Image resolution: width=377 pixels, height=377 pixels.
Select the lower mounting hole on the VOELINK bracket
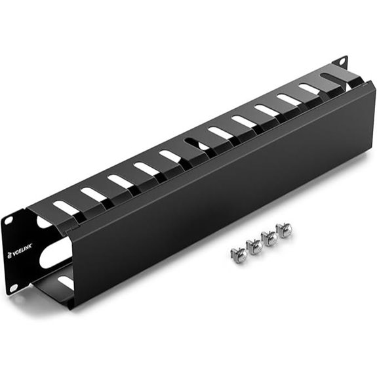coord(12,287)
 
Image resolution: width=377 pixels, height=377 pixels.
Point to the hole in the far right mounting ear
coord(341,62)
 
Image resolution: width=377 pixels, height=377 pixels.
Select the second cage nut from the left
coord(254,245)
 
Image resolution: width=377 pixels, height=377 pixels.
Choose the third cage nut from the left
coord(269,237)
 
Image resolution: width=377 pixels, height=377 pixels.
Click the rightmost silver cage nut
coord(285,229)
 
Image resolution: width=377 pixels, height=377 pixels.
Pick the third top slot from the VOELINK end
coord(119,181)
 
